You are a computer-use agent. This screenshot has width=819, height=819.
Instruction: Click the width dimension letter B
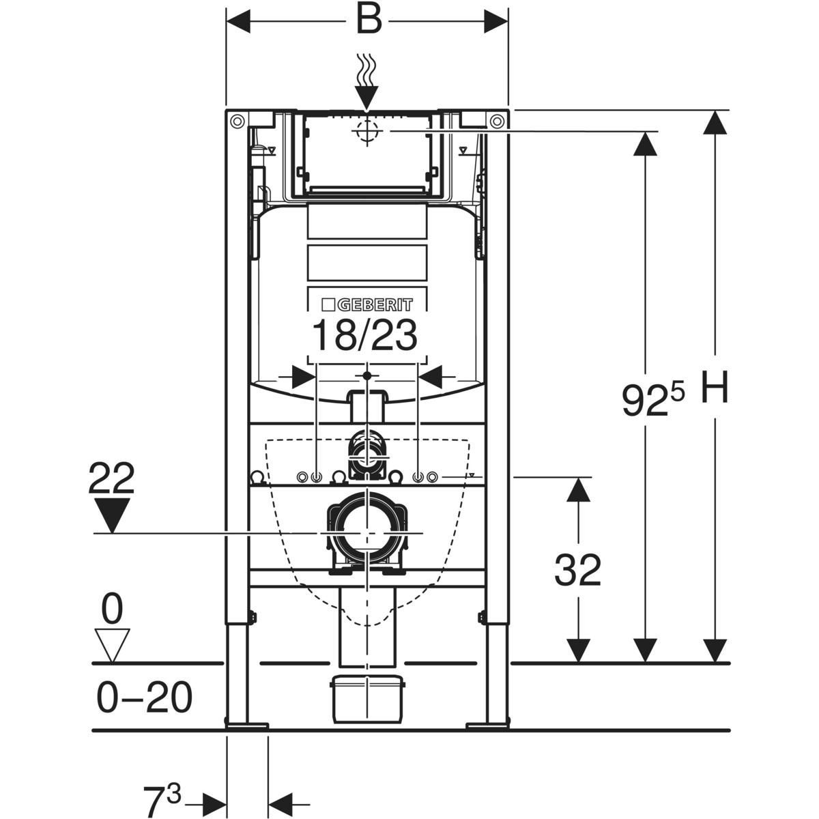[368, 20]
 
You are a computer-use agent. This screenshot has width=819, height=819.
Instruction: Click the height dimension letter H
[714, 388]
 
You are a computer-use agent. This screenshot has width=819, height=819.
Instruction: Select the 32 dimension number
[577, 570]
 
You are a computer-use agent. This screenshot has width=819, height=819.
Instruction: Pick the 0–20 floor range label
[144, 698]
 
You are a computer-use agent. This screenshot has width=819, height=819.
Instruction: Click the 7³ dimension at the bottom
[162, 796]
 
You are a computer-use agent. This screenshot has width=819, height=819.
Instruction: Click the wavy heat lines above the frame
[367, 72]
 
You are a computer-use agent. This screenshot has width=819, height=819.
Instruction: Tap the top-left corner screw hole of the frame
[237, 121]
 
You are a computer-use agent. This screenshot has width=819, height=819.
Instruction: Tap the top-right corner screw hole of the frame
[498, 121]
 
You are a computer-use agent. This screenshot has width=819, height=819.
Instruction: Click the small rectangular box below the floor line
[367, 698]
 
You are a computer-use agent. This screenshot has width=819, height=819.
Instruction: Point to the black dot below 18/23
[367, 375]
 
